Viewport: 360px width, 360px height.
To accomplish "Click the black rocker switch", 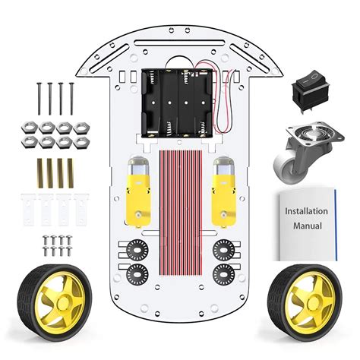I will (309, 91).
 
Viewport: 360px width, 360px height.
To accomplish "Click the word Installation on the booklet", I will (306, 210).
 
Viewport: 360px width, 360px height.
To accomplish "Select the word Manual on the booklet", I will (306, 226).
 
